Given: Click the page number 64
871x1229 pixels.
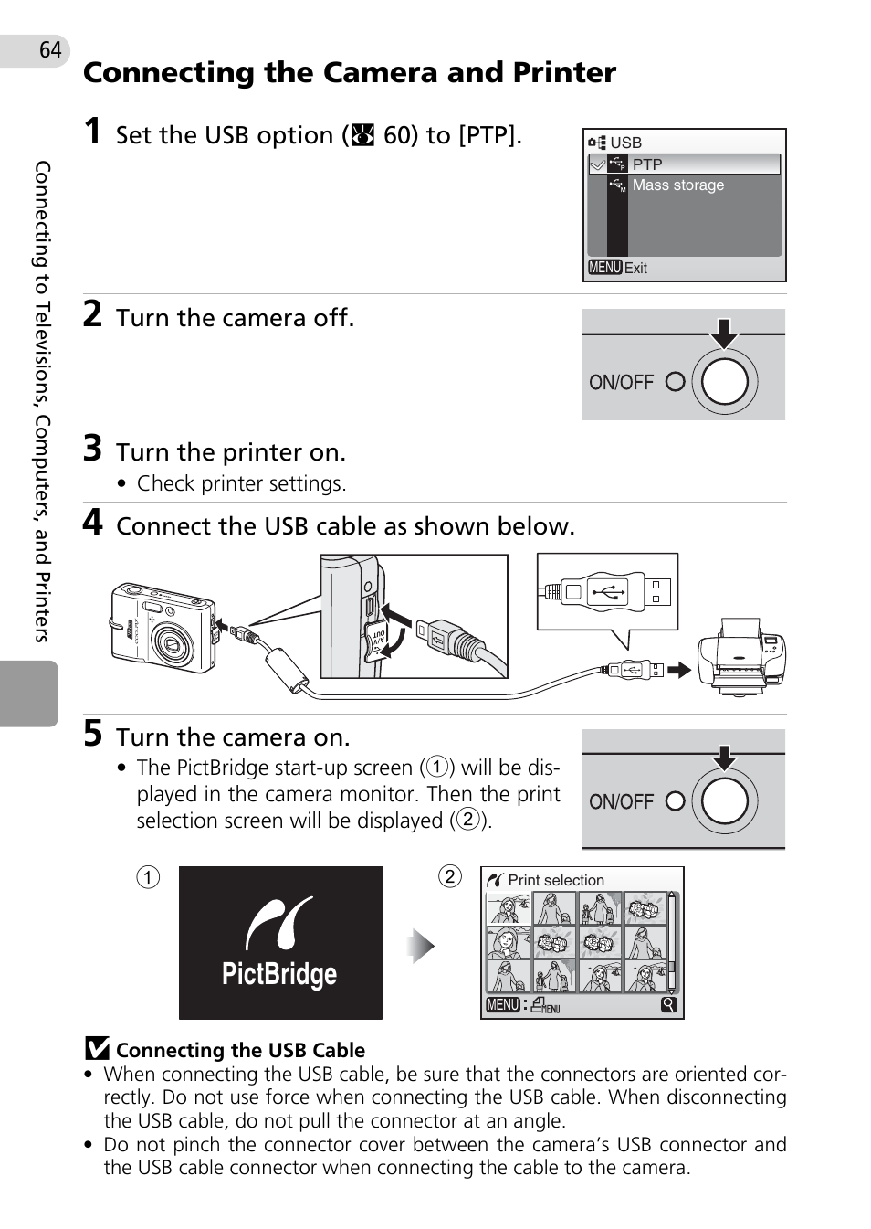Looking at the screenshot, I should [50, 50].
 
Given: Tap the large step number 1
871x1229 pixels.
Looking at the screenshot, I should [92, 132].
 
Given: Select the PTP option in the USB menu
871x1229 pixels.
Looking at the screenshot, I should [647, 164].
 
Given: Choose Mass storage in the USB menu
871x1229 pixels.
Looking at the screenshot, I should [677, 185].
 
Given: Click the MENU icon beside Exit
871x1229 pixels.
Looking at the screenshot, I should [604, 268].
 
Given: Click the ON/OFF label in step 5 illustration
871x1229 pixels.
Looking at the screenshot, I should [621, 801].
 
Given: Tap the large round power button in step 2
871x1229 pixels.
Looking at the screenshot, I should [725, 381].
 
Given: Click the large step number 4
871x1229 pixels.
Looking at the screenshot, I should [92, 523].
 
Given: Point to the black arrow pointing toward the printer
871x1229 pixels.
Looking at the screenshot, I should [679, 670].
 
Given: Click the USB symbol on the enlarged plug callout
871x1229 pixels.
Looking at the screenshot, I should [607, 591].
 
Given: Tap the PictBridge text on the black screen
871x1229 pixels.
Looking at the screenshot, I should [279, 974].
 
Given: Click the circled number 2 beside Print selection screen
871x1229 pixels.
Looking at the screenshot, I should [449, 876].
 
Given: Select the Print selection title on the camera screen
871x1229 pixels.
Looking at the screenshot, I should [556, 880].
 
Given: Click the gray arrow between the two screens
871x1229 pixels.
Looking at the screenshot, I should [421, 946].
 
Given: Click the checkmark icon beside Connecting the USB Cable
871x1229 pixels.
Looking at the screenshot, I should [97, 1049].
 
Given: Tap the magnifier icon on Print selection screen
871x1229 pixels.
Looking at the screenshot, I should [669, 1005].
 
